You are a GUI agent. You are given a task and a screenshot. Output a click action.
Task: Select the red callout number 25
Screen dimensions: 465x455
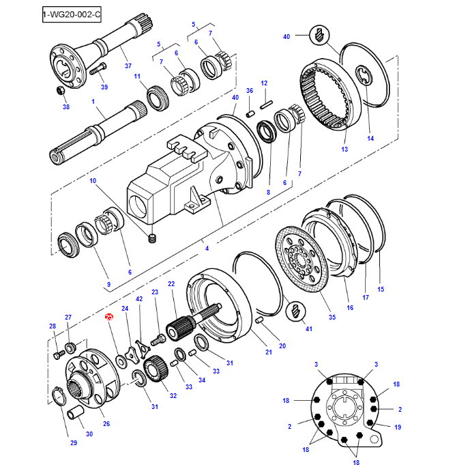pos(108,318)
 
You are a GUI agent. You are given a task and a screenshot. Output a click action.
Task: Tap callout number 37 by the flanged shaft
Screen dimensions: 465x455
pos(128,66)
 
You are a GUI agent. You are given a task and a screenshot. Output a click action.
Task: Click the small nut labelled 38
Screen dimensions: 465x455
pos(60,91)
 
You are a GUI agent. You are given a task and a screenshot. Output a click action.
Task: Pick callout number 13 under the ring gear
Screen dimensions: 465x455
pos(344,149)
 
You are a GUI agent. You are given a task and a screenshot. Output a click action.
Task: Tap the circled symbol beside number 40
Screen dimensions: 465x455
pos(319,34)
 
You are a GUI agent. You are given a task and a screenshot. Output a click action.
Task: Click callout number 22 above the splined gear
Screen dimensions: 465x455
pos(171,283)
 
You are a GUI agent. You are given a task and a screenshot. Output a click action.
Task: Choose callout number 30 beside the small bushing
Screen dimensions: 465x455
pos(89,434)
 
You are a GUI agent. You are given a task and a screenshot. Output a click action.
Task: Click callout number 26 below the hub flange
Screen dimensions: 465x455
pos(106,423)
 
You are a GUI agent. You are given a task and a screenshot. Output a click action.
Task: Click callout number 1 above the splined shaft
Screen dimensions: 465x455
pos(93,101)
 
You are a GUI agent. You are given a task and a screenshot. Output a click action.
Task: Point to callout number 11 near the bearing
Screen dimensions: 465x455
pos(136,76)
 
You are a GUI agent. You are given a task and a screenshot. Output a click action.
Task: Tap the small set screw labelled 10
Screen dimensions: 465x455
pos(153,238)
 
